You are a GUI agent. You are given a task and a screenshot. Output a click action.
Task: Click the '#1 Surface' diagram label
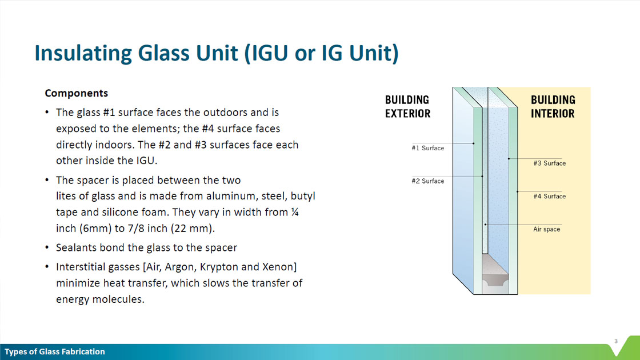(428, 148)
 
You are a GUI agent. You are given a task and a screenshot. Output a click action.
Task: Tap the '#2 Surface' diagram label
(428, 181)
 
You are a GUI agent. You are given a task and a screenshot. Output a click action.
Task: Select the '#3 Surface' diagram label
(549, 163)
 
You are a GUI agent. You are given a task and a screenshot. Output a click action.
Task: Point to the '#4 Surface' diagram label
(549, 197)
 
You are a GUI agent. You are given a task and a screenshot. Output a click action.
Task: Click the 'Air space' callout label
(546, 229)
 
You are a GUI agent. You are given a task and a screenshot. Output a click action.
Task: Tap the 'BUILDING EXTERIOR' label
(408, 106)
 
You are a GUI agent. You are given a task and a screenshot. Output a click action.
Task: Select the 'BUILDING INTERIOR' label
(553, 106)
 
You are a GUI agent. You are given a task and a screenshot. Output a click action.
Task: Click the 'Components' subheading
(77, 93)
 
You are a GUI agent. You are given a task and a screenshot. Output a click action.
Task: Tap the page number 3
(616, 341)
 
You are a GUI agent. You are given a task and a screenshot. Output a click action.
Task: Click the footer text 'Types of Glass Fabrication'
(55, 352)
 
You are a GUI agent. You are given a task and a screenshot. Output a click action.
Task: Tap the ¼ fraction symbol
(295, 212)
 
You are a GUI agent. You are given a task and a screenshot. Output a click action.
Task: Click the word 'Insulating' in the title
(83, 54)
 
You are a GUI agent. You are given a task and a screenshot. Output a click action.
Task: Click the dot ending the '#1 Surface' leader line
(474, 143)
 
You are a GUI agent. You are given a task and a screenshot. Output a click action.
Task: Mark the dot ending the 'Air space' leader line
(485, 225)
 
